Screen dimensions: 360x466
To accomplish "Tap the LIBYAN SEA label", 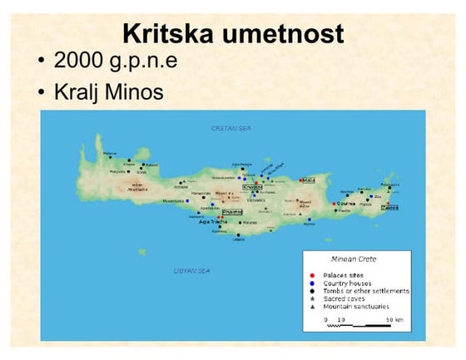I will pyautogui.click(x=191, y=271).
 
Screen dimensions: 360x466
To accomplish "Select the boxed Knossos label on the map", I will pyautogui.click(x=252, y=187).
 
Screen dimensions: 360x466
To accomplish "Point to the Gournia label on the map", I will pyautogui.click(x=346, y=203).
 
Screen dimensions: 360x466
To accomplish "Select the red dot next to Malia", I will pyautogui.click(x=300, y=178).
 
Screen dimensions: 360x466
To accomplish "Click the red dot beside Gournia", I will pyautogui.click(x=335, y=203).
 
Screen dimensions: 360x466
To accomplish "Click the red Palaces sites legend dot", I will pyautogui.click(x=313, y=274).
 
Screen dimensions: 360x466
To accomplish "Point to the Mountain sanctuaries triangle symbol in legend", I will pyautogui.click(x=313, y=307).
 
